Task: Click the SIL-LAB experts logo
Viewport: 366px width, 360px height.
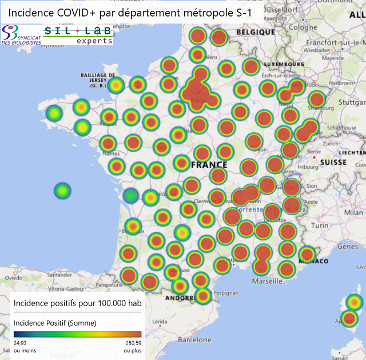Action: tap(78, 35)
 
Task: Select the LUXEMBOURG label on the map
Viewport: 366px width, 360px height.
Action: tap(284, 64)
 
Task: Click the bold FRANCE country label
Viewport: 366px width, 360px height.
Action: tap(209, 164)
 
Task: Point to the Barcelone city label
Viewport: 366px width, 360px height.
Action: tap(194, 339)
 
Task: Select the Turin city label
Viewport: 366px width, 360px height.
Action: tap(320, 226)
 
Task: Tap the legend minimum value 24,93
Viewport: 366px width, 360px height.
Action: tap(21, 342)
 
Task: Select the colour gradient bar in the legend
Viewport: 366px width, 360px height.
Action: tap(77, 333)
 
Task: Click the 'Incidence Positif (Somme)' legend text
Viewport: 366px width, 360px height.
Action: tap(55, 323)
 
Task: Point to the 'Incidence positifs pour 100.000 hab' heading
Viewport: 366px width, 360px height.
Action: tap(77, 303)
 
